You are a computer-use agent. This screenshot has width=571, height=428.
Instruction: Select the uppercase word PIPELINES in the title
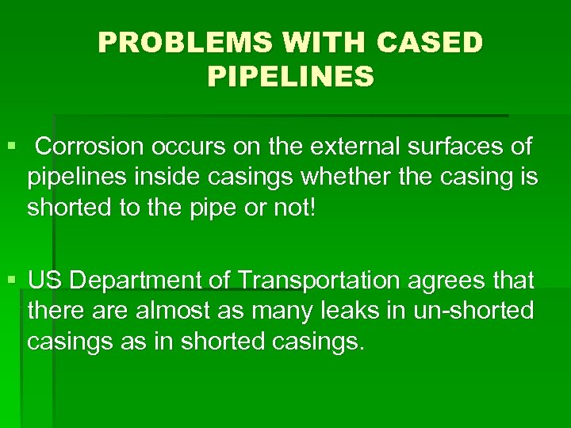[x=290, y=77]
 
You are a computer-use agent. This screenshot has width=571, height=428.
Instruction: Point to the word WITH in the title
[x=324, y=43]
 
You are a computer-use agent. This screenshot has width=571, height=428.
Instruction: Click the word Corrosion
[x=86, y=147]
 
